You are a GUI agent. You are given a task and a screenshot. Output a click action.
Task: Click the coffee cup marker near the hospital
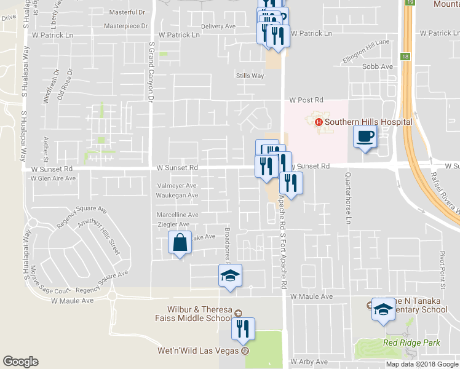pos(365,137)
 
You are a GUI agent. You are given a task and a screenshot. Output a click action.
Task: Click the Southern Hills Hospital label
pos(368,122)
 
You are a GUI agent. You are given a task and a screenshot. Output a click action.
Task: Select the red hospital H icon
pos(319,122)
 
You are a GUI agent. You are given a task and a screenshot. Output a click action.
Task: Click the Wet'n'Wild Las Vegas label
pos(199,351)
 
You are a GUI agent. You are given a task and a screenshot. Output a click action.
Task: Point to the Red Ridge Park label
pos(404,342)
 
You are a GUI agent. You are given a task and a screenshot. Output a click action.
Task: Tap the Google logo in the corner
pos(20,362)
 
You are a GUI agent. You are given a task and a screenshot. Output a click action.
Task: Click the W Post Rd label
pos(306,100)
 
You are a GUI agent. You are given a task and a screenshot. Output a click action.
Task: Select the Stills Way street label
pos(250,76)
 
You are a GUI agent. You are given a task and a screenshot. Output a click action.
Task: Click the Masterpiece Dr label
pos(126,26)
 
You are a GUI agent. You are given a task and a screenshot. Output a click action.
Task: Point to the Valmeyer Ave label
pos(177,185)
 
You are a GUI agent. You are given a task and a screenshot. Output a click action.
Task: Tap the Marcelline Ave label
pos(178,215)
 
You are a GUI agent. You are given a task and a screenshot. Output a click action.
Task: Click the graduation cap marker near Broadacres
pos(230,276)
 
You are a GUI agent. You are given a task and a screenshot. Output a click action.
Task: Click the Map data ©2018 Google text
pos(422,364)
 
